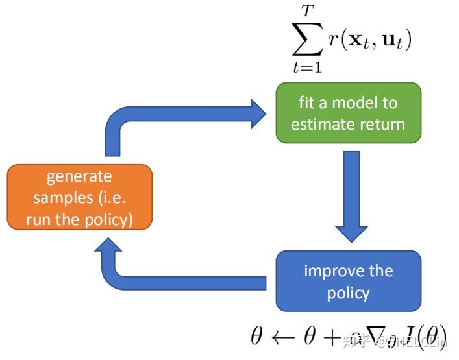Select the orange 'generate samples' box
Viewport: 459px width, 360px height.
click(79, 197)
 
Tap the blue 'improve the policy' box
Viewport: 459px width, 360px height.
click(348, 282)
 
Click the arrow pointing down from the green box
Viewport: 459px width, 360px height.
click(351, 195)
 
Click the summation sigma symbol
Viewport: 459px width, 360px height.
click(308, 40)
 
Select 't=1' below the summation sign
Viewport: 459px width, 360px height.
click(308, 66)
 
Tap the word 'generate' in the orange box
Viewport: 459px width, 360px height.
click(79, 176)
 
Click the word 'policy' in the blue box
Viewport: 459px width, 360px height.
click(348, 293)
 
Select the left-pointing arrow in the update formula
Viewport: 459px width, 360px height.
click(286, 336)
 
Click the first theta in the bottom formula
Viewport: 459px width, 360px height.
click(258, 336)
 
